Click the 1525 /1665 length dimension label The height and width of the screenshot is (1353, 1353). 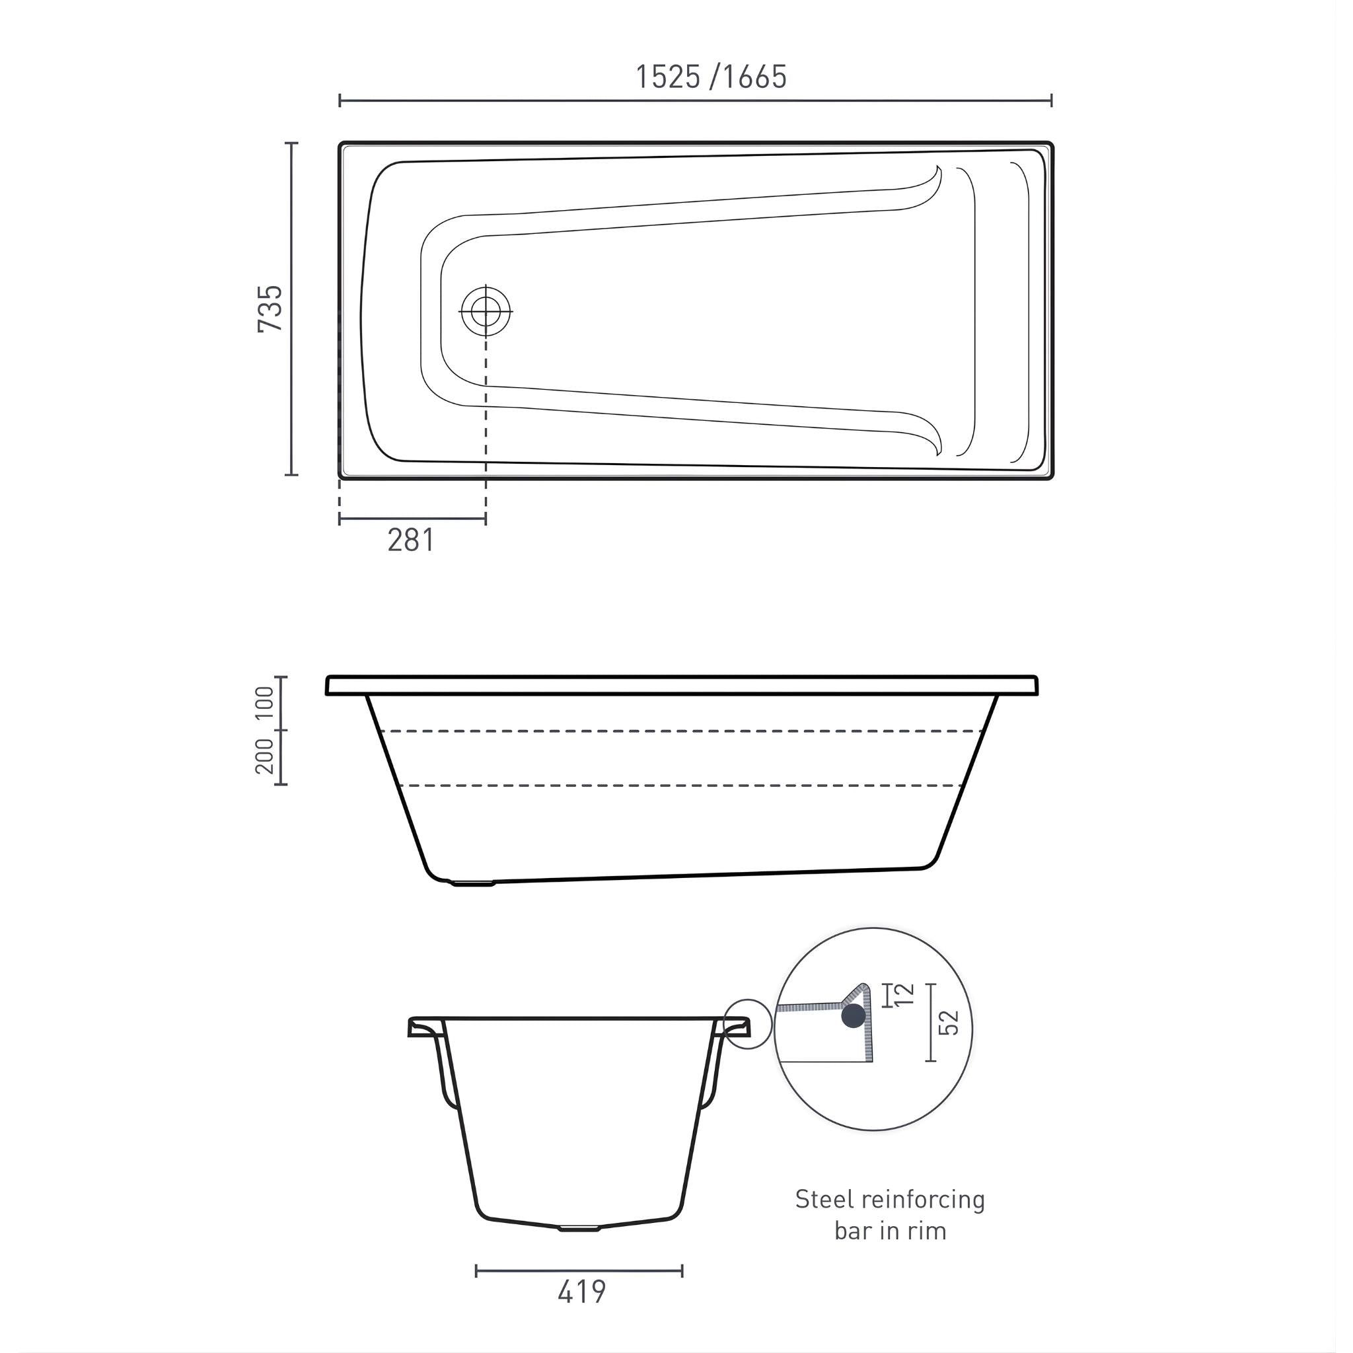coord(711,77)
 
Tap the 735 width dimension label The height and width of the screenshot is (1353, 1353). coord(270,309)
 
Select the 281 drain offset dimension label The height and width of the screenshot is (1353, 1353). coord(411,540)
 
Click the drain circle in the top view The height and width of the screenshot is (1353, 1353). coord(486,311)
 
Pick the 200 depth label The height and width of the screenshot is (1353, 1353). coord(265,756)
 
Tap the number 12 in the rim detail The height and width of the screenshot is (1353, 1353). coord(905,994)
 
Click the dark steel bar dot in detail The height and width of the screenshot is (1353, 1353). coord(853,1015)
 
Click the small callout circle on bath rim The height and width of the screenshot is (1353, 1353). coord(747,1024)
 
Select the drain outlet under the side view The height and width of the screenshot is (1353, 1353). coord(473,883)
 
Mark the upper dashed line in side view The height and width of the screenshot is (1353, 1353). coord(679,731)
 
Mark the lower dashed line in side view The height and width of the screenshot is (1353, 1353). coord(679,786)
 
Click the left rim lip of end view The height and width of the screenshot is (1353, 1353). coord(425,1027)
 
